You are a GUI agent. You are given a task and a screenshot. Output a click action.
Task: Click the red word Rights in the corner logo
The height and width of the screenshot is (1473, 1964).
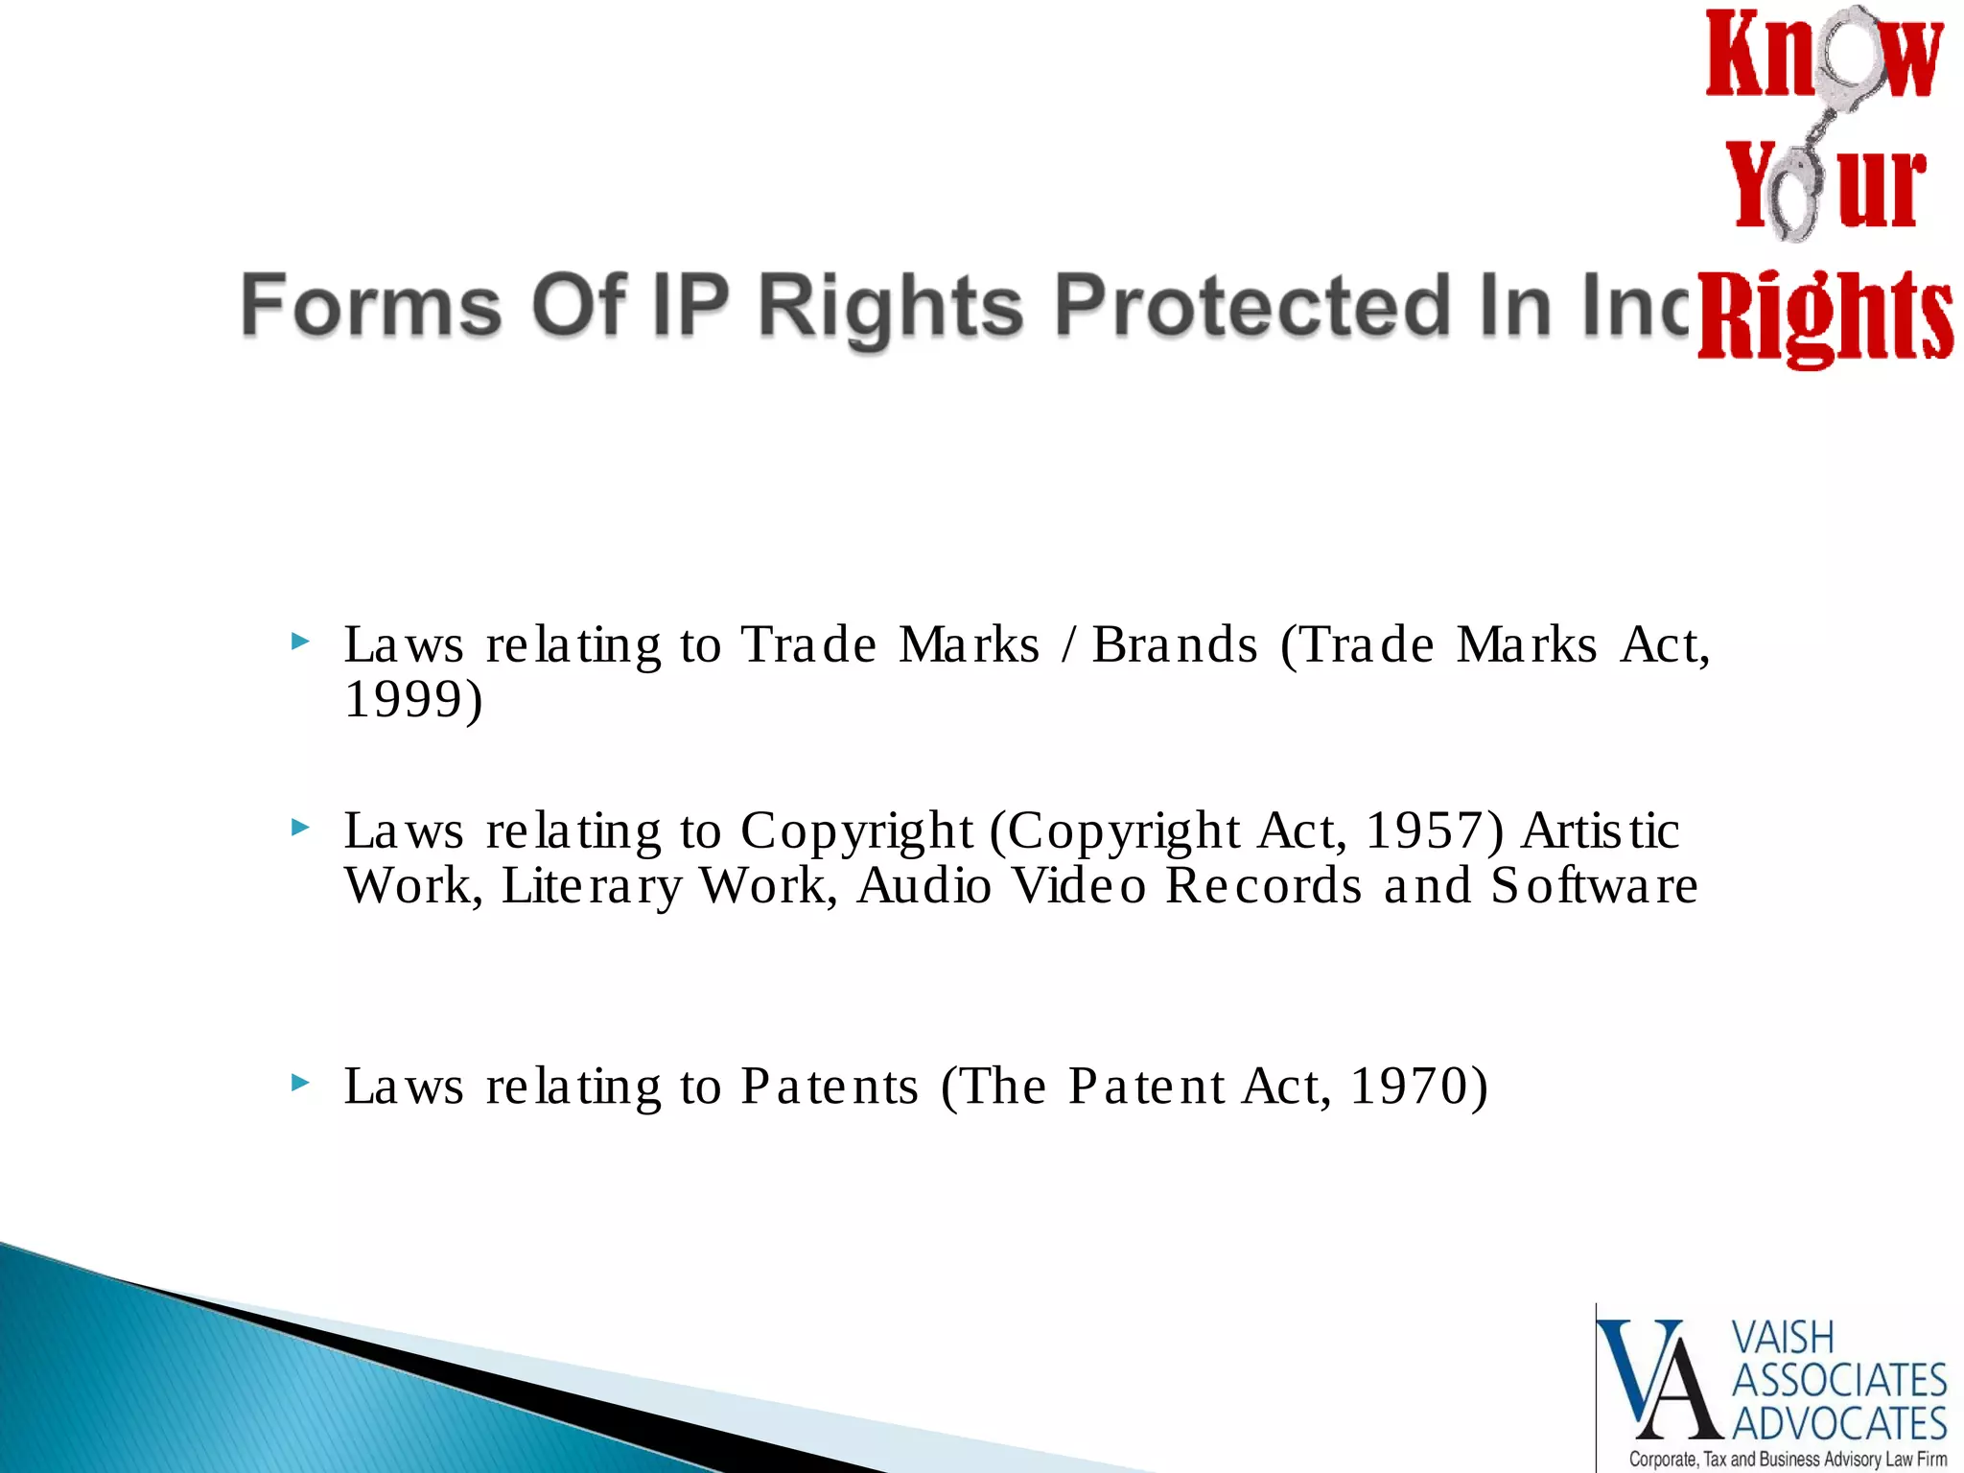1825,316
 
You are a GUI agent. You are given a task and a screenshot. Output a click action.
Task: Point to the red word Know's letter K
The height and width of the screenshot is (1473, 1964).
1737,56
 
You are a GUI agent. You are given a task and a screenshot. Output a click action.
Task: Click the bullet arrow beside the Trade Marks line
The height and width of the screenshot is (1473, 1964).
300,641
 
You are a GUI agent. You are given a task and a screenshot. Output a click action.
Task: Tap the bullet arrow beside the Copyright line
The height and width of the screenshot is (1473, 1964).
300,827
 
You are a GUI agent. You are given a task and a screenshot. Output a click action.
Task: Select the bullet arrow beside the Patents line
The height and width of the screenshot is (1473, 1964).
300,1083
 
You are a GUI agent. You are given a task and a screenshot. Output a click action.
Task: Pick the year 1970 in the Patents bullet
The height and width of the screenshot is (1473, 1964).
1409,1087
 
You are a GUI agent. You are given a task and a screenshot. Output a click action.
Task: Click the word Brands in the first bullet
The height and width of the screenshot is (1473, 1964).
1175,644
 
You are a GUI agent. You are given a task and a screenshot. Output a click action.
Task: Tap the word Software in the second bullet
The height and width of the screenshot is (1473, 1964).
1594,885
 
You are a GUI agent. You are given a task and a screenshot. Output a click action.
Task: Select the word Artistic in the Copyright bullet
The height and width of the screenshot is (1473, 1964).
1601,830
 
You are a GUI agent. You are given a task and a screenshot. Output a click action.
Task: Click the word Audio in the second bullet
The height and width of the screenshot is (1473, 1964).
924,885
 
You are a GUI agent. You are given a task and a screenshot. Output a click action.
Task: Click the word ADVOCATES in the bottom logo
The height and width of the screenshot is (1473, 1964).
1839,1423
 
